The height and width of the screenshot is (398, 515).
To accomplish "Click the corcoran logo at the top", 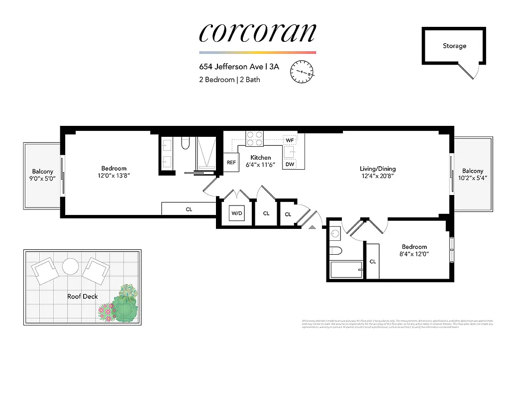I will coord(257,32).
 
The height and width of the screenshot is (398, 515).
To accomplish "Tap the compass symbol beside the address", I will coord(302,72).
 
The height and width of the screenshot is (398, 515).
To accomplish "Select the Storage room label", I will coord(454,46).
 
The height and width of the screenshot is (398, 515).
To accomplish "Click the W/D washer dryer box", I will coord(236,213).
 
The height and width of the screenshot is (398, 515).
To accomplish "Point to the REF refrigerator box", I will coord(231,162).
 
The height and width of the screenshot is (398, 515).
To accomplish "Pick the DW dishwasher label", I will coord(290,164).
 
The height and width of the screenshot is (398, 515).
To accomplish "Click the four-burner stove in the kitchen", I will coord(255,138).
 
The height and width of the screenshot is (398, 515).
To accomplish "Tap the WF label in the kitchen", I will coord(290,140).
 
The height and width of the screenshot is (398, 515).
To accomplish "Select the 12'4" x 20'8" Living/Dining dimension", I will coord(378,176).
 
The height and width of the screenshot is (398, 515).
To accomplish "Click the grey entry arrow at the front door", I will coord(312,227).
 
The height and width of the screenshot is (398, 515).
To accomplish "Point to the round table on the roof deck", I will coord(70,266).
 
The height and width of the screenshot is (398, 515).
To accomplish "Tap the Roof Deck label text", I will coord(83,297).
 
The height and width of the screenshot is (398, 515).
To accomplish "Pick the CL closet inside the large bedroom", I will coord(189,209).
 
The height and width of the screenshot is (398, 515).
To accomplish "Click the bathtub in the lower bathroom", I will coord(346,272).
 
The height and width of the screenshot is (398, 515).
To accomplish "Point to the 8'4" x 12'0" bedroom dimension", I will coord(414,254).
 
